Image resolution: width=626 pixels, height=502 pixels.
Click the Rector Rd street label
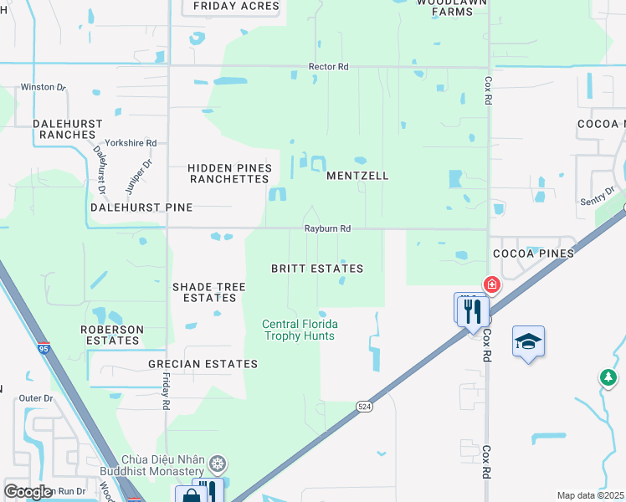[328, 66]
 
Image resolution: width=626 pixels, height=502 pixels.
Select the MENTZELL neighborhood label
[357, 177]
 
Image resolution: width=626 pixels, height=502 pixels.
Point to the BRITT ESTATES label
[317, 269]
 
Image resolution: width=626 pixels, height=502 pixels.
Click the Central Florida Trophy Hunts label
[299, 330]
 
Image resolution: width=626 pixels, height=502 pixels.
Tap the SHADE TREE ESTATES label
[209, 292]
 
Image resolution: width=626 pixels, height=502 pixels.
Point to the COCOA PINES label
[534, 253]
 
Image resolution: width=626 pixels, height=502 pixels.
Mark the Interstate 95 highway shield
[44, 348]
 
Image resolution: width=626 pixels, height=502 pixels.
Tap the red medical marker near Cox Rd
[491, 284]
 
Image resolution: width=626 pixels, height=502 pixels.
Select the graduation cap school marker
[528, 341]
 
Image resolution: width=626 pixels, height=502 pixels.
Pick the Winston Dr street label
[43, 86]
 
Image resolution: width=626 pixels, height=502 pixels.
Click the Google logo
[28, 492]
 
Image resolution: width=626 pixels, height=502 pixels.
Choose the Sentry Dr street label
[597, 197]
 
